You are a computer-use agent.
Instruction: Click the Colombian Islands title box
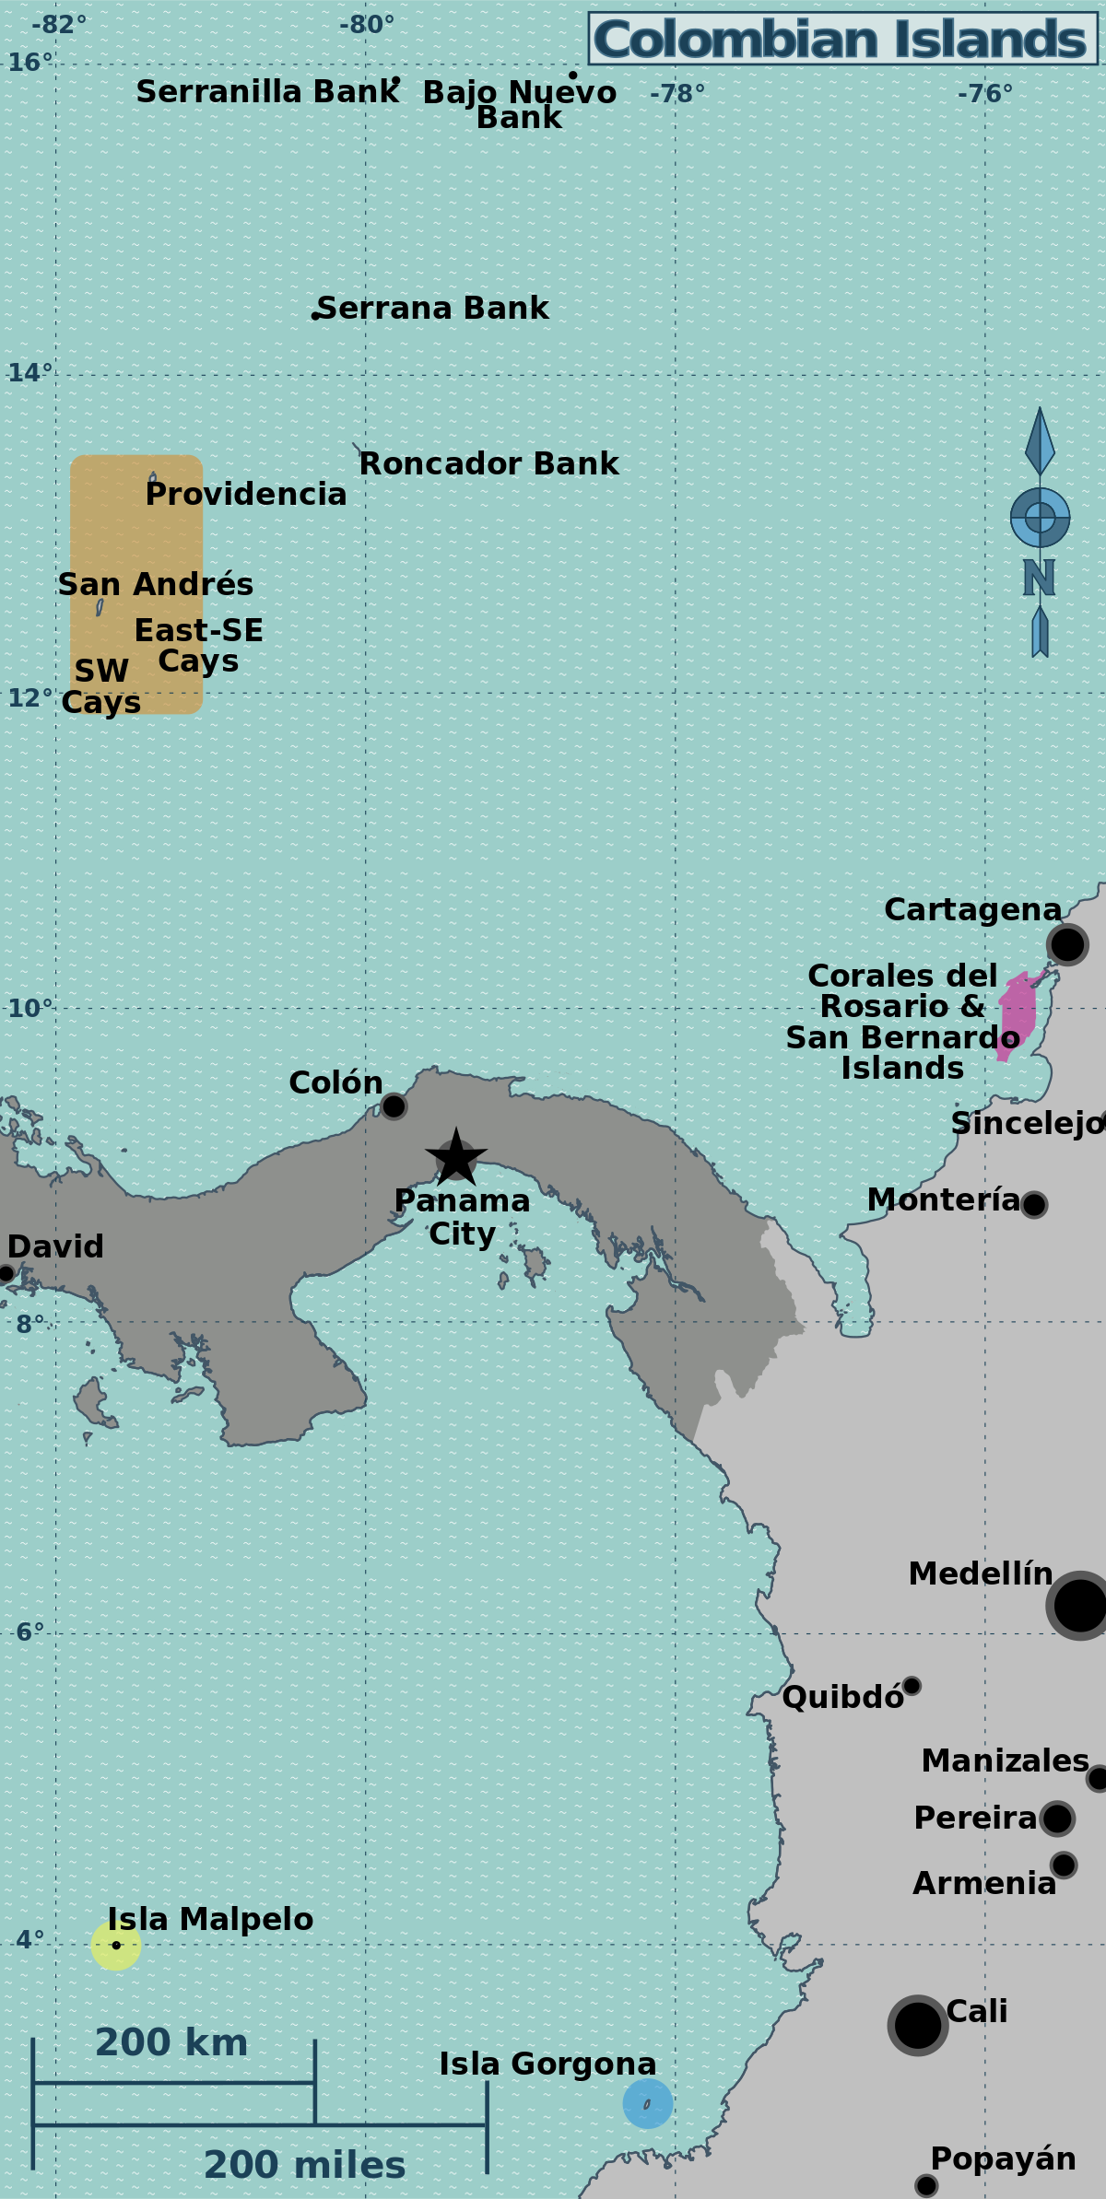click(x=842, y=39)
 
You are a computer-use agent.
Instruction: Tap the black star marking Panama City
click(x=456, y=1158)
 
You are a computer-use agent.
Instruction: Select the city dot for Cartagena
click(x=1067, y=944)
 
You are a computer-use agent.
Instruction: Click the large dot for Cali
click(x=918, y=2025)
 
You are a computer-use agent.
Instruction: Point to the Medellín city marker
click(x=1079, y=1606)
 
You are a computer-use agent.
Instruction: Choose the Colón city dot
click(x=394, y=1105)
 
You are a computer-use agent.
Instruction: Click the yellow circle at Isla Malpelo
click(x=116, y=1946)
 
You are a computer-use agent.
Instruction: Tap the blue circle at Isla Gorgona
click(x=648, y=2104)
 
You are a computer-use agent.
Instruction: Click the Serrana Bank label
click(x=432, y=308)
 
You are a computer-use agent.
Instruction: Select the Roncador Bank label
click(x=488, y=463)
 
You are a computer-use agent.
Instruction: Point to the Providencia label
click(x=246, y=494)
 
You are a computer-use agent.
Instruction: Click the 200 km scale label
click(x=171, y=2042)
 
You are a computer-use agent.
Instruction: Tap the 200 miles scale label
click(x=304, y=2165)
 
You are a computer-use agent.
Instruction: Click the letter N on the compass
click(x=1039, y=579)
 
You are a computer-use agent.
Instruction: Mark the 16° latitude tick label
click(x=30, y=63)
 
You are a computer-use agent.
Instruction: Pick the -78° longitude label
click(x=677, y=94)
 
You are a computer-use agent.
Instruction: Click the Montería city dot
click(x=1034, y=1204)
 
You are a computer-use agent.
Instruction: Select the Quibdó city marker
click(x=912, y=1686)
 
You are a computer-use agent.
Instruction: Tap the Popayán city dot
click(x=926, y=2185)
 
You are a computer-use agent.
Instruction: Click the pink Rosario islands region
click(x=1018, y=1013)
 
